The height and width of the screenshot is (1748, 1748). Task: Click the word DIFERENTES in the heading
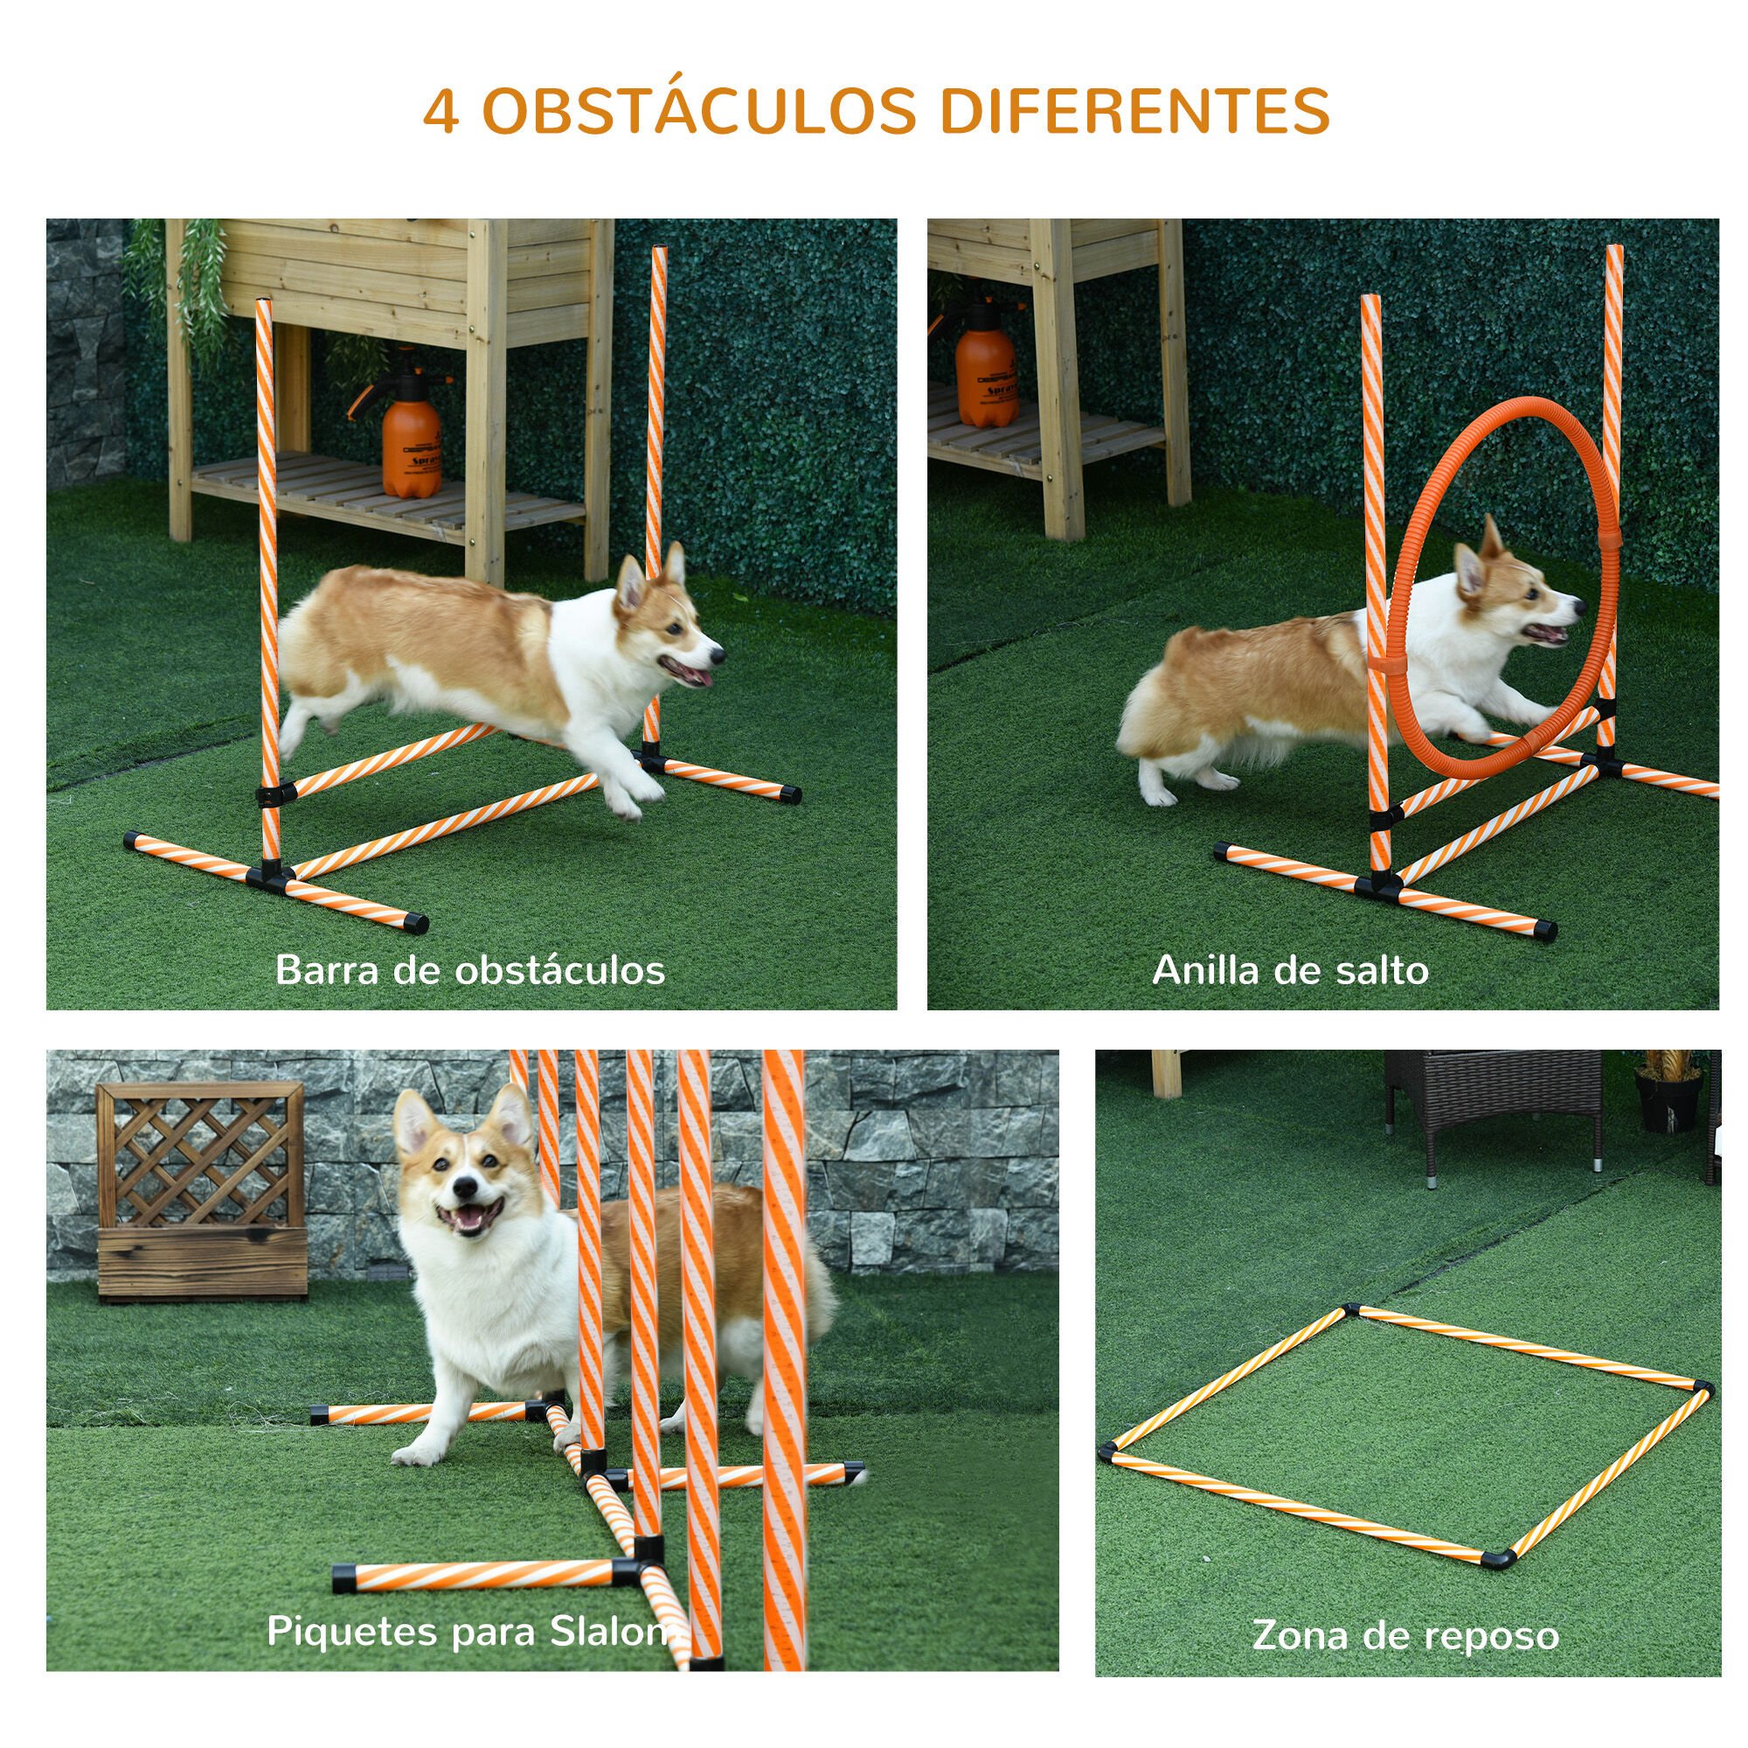pyautogui.click(x=1134, y=112)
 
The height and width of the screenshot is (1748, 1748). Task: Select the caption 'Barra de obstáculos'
pyautogui.click(x=469, y=970)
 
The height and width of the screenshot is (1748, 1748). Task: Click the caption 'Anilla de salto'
pyautogui.click(x=1290, y=970)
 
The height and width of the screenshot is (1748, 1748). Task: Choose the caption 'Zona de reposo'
pyautogui.click(x=1405, y=1610)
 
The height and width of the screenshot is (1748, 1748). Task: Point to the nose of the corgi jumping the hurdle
pyautogui.click(x=718, y=651)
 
